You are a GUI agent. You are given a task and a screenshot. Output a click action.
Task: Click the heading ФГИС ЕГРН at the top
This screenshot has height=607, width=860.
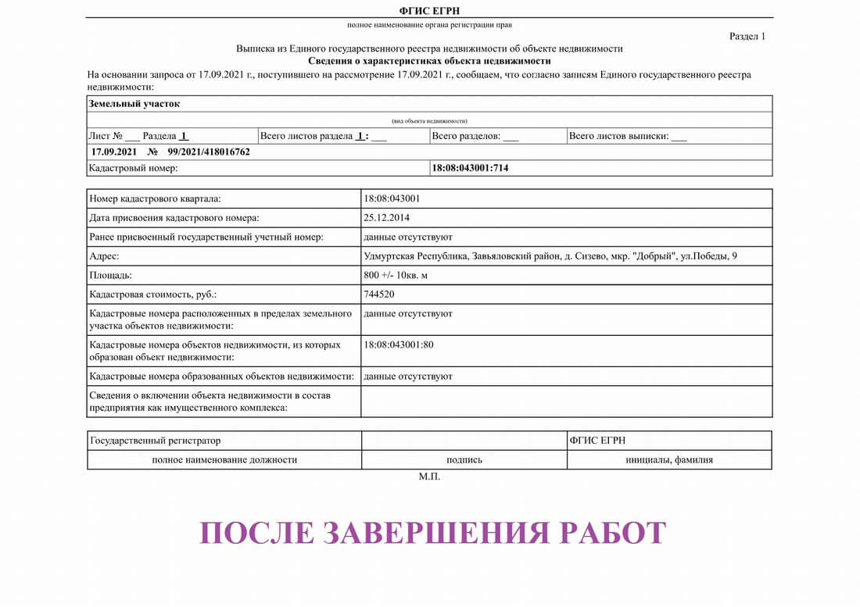point(429,10)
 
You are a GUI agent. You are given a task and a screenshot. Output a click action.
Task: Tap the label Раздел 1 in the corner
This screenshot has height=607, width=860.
point(747,36)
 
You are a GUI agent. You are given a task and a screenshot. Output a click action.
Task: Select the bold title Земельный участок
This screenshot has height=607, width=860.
point(134,104)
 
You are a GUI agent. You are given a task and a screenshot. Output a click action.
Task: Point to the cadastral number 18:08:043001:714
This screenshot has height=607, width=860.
point(470,168)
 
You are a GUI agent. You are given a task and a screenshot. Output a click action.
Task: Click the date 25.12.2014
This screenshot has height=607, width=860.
point(387,217)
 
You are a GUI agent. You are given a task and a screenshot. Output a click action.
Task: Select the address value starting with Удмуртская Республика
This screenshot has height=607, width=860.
point(550,256)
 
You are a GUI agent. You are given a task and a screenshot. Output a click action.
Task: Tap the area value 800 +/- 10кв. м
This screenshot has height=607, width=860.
point(396,276)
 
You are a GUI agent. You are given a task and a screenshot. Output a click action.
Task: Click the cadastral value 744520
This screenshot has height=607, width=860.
point(379,295)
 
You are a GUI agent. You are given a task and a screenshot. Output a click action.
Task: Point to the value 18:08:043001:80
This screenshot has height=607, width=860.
point(399,345)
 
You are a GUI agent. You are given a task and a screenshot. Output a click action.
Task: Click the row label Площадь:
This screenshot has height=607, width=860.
point(111,276)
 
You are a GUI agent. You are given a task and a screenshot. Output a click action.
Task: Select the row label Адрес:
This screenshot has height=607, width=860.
point(104,256)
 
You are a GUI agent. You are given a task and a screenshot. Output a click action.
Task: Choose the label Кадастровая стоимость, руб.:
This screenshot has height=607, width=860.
point(153,295)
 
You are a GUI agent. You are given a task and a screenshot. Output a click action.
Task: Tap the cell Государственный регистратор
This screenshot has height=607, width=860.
point(156,441)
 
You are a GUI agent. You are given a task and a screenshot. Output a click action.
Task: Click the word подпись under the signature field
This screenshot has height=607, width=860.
point(464,460)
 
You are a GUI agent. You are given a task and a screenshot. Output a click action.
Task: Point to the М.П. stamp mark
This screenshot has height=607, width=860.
point(429,477)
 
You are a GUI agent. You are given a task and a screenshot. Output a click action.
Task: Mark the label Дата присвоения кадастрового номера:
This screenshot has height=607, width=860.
point(174,217)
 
